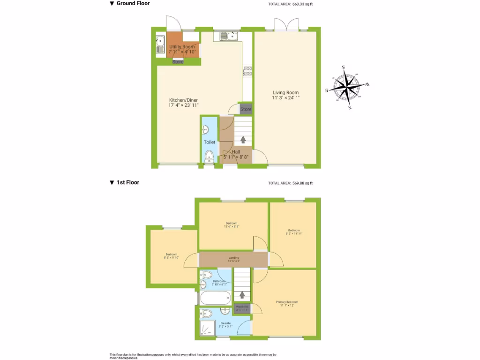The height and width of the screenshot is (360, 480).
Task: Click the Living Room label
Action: point(285,93)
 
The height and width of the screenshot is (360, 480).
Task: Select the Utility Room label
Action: point(182,47)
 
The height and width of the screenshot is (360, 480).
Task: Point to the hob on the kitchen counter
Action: point(247,71)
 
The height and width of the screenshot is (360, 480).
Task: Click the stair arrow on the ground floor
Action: point(243,139)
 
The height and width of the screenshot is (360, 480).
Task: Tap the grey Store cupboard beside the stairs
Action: point(246,109)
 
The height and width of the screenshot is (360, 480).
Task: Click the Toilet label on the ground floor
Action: point(210,142)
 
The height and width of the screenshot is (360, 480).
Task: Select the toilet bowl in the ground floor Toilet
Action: point(209,156)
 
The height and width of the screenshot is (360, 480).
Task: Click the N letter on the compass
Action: point(350,108)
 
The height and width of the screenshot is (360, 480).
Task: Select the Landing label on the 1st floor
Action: point(233,258)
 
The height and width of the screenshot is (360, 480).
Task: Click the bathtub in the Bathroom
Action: point(215,297)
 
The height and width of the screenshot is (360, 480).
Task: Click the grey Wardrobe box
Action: point(242,308)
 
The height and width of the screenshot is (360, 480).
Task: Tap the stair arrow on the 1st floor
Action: point(242,295)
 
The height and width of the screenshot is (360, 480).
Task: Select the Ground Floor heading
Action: point(133,3)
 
